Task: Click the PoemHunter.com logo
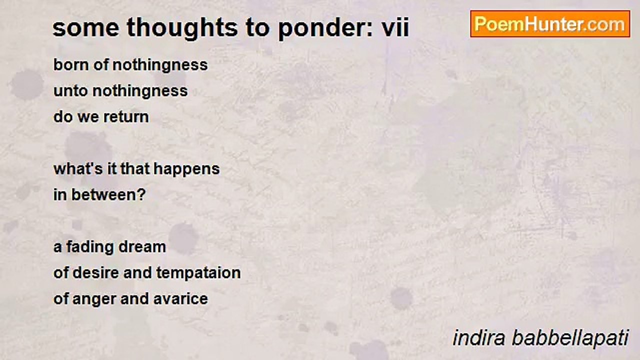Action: (x=550, y=24)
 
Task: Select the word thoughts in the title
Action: (x=182, y=28)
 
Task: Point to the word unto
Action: (x=70, y=91)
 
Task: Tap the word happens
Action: (x=187, y=169)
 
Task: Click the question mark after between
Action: (x=142, y=194)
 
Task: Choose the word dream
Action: (x=142, y=247)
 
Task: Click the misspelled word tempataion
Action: (x=198, y=273)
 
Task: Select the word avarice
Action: (x=180, y=299)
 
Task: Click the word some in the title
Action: (x=86, y=28)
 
